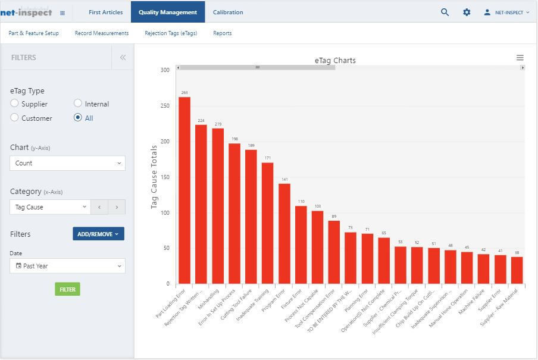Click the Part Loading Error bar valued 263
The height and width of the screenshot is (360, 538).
click(184, 190)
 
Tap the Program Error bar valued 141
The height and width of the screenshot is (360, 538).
click(284, 233)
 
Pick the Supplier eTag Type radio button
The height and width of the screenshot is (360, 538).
click(14, 104)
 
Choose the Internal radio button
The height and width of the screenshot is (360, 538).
click(78, 104)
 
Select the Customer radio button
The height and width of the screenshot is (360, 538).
click(14, 118)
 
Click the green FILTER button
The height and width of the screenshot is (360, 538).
click(67, 289)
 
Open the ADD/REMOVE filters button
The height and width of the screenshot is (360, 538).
click(98, 234)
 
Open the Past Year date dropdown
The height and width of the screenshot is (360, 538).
click(67, 266)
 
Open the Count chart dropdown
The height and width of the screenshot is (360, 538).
click(67, 163)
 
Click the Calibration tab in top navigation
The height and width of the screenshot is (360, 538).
click(228, 12)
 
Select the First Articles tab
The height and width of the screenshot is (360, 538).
click(105, 12)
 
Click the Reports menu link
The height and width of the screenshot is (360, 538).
click(223, 33)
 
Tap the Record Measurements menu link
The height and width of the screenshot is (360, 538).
click(102, 33)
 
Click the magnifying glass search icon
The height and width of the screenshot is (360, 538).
click(445, 12)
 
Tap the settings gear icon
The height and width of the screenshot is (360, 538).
click(467, 12)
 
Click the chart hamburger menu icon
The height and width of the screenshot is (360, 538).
click(520, 58)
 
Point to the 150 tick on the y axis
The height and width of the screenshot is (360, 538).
click(165, 177)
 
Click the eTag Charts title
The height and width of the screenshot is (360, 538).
click(336, 60)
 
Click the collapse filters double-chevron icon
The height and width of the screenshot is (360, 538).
click(123, 58)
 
